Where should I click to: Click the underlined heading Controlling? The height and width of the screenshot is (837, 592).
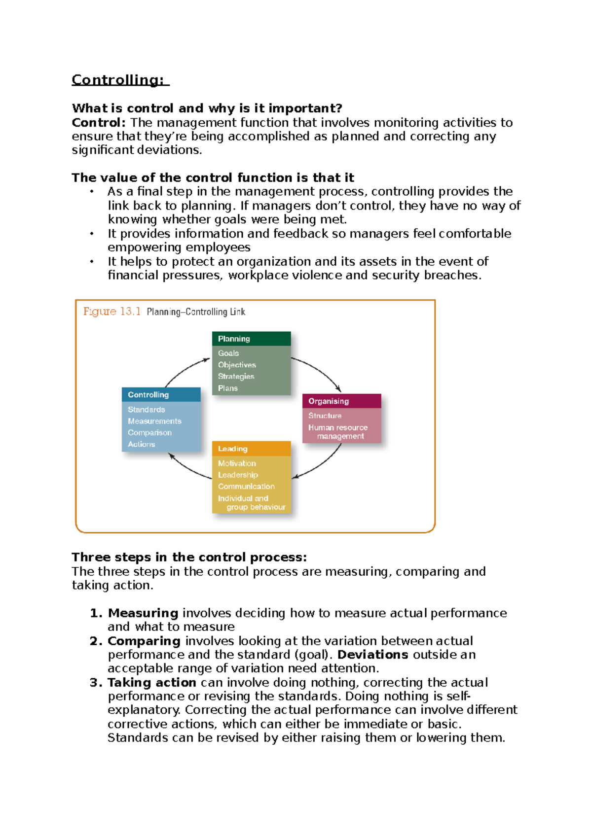118,80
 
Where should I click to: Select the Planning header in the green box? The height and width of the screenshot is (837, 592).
234,339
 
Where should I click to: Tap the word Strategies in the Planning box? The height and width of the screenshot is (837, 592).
236,377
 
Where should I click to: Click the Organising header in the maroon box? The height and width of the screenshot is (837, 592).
329,401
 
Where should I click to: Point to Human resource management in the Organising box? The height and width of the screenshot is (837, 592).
338,432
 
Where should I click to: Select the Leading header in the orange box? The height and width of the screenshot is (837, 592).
233,449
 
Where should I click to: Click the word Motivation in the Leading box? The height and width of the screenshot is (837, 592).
237,463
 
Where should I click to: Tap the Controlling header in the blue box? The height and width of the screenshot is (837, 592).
148,395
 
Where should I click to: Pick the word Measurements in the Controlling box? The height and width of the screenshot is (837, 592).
154,421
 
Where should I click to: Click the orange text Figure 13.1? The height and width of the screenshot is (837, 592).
112,312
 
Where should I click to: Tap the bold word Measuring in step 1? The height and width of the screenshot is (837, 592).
143,613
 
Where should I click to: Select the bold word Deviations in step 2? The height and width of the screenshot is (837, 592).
372,655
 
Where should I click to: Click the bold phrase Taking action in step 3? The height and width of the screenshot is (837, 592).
152,683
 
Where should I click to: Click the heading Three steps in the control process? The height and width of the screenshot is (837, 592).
189,558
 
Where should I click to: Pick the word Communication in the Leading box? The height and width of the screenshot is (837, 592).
246,487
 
